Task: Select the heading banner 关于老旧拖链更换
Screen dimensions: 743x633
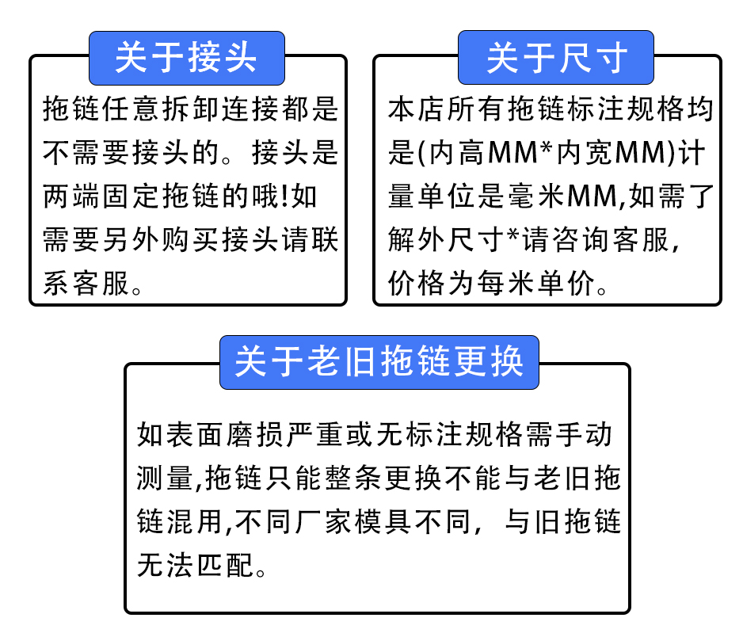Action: (x=379, y=363)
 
